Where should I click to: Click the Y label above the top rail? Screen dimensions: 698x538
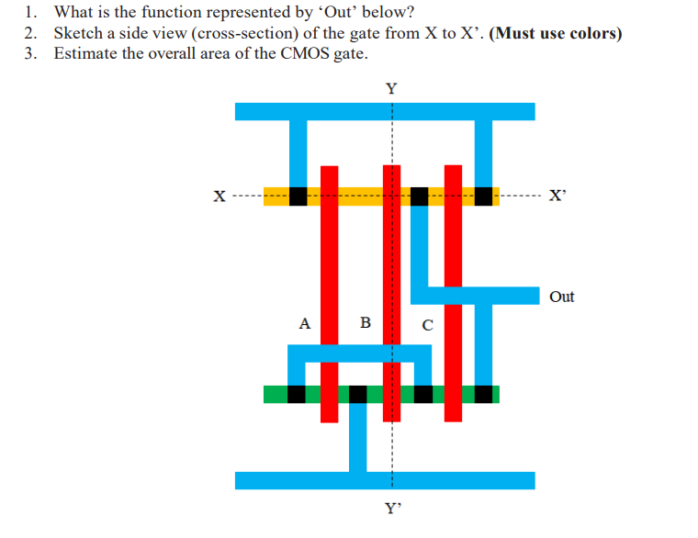(x=392, y=89)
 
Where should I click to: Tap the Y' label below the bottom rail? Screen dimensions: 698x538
(x=393, y=507)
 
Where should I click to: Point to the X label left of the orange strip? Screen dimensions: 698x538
(x=219, y=196)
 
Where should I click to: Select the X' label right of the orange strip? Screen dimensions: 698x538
(x=557, y=196)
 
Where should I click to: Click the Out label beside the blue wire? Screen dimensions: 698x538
(x=561, y=297)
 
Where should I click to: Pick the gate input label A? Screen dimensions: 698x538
(x=305, y=323)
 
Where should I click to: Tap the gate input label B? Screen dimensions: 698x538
(x=365, y=323)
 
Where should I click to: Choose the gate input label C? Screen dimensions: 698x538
(x=426, y=324)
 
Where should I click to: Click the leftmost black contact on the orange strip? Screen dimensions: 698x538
(x=298, y=196)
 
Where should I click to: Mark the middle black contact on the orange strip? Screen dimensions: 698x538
(x=419, y=196)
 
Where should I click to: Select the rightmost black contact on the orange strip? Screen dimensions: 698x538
(x=482, y=196)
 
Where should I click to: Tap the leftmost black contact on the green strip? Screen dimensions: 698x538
(x=297, y=394)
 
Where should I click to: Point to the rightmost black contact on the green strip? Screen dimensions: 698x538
(x=483, y=394)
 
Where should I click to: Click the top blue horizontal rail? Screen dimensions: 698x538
(x=385, y=111)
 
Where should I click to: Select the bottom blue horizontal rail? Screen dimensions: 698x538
(x=385, y=480)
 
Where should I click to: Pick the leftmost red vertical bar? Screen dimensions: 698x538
(x=329, y=294)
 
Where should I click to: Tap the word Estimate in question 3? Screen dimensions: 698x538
(x=85, y=53)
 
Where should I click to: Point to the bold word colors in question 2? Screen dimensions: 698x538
(x=583, y=33)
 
